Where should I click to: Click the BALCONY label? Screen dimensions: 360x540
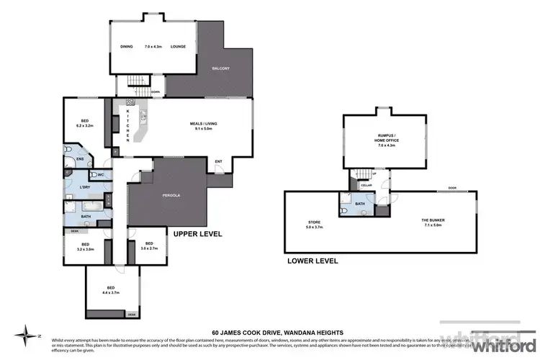click(220, 68)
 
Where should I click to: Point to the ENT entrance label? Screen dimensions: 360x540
click(218, 161)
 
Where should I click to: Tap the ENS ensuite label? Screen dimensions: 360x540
click(81, 159)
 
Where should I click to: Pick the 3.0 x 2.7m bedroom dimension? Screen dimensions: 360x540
click(148, 248)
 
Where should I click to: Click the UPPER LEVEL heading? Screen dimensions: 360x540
click(197, 234)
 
